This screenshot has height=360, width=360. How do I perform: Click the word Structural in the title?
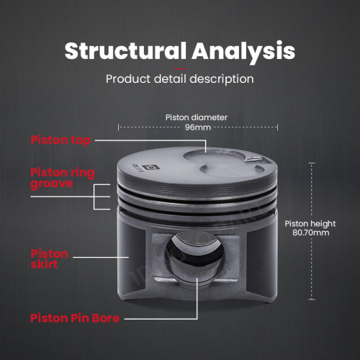tap(125, 50)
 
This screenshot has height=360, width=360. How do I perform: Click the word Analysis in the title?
tap(243, 52)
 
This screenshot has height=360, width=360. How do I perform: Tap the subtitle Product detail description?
tap(180, 79)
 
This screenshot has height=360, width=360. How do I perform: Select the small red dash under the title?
tap(180, 69)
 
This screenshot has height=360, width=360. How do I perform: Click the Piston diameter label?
tap(197, 117)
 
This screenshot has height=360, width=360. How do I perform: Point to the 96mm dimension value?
tap(198, 127)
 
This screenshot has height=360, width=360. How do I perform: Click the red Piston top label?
tap(60, 140)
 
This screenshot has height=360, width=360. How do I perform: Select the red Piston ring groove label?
tap(63, 178)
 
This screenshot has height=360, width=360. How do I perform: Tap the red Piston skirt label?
tap(49, 259)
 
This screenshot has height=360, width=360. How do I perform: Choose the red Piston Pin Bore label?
tap(75, 318)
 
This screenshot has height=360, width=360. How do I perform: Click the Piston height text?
tap(310, 224)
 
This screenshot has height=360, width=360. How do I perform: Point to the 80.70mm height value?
tap(311, 233)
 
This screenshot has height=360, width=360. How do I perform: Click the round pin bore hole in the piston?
tap(194, 256)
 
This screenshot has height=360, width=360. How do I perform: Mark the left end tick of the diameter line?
tap(118, 127)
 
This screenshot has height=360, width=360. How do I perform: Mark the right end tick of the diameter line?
tap(278, 127)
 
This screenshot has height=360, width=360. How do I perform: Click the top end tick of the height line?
tap(312, 163)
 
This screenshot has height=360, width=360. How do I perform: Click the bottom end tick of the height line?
tap(312, 300)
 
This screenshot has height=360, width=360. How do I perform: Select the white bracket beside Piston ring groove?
tap(94, 197)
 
